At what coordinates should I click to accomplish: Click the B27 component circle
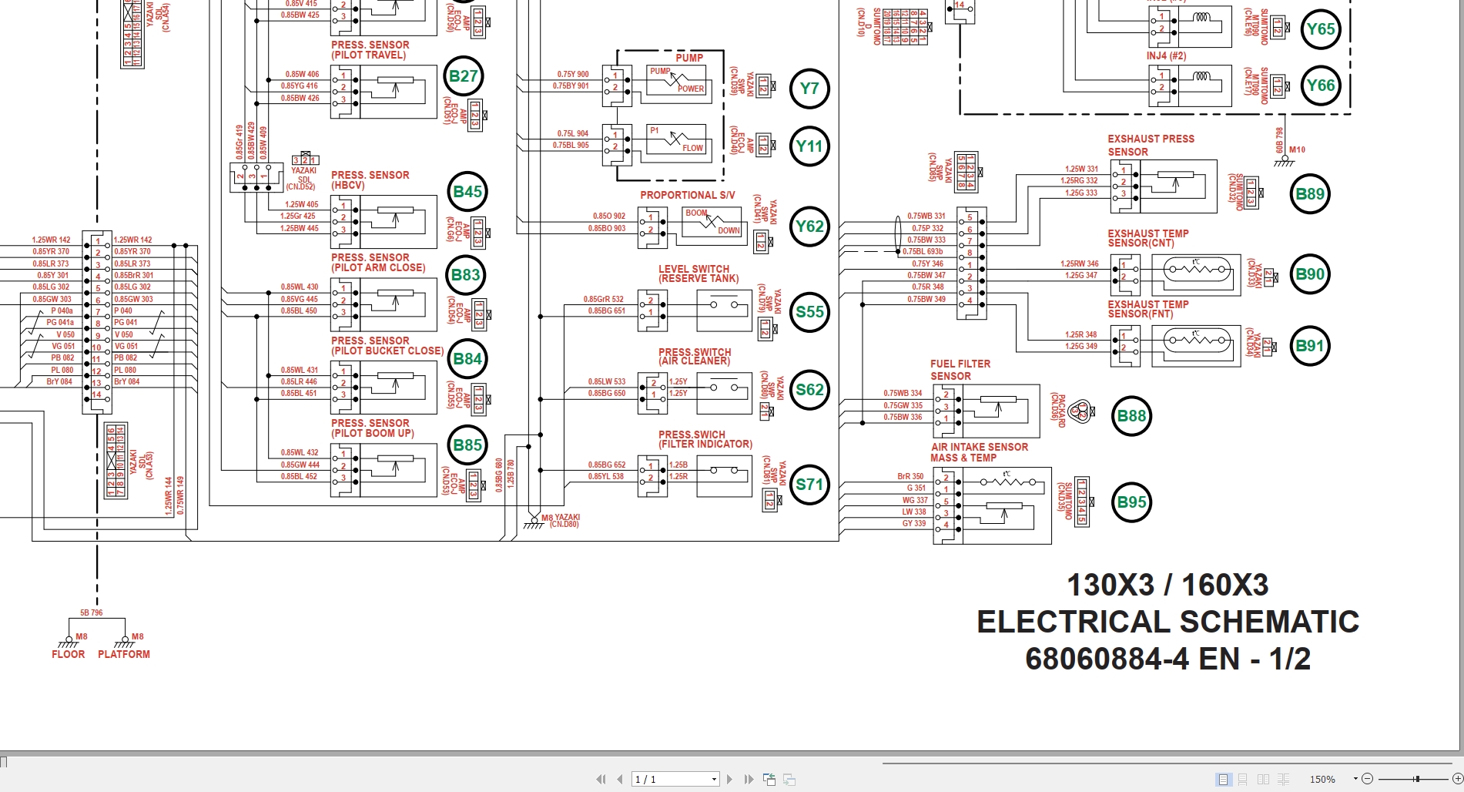(464, 76)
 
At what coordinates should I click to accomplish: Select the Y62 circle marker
(809, 227)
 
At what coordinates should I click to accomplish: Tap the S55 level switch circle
(809, 312)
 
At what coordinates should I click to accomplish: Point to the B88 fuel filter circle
(1131, 416)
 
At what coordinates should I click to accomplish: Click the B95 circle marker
(1131, 502)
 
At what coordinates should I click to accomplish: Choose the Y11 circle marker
(809, 146)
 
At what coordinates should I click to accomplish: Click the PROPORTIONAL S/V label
(687, 196)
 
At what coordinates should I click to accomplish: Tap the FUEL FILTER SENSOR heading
(960, 370)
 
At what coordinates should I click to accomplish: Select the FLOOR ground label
(68, 654)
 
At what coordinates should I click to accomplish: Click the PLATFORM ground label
(124, 654)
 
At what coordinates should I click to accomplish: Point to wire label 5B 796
(91, 613)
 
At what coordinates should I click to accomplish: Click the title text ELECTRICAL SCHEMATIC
(1168, 622)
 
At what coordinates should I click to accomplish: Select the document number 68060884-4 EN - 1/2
(1168, 659)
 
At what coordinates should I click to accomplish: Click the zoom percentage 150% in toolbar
(1322, 780)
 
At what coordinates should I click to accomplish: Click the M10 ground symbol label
(1297, 150)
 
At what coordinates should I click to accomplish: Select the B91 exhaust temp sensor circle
(1309, 346)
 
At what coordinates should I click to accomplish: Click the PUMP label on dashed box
(688, 58)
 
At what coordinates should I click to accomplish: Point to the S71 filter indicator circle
(809, 485)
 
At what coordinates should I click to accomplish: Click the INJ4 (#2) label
(1166, 56)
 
